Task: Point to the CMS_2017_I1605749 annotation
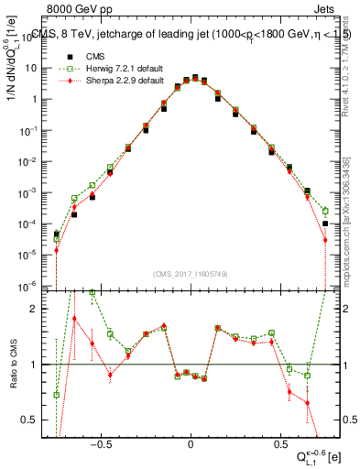(x=191, y=274)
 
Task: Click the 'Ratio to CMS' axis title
(x=12, y=365)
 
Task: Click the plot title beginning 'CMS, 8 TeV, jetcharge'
(x=191, y=34)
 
